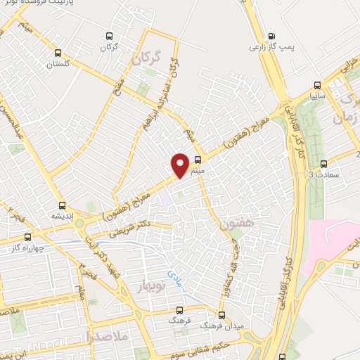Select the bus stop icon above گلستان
[58, 52]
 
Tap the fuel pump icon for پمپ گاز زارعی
[272, 36]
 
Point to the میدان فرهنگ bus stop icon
[222, 314]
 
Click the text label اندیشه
[62, 217]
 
